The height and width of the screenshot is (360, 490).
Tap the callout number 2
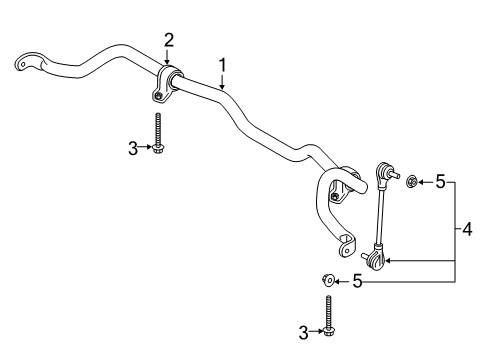click(169, 40)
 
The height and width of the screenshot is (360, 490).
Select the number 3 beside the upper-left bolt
click(133, 148)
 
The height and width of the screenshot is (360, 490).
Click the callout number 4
click(469, 231)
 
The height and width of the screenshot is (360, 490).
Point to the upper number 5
click(438, 182)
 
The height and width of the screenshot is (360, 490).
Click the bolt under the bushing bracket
click(157, 133)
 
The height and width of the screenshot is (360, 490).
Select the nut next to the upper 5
click(409, 181)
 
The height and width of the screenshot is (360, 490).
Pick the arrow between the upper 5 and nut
click(424, 182)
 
